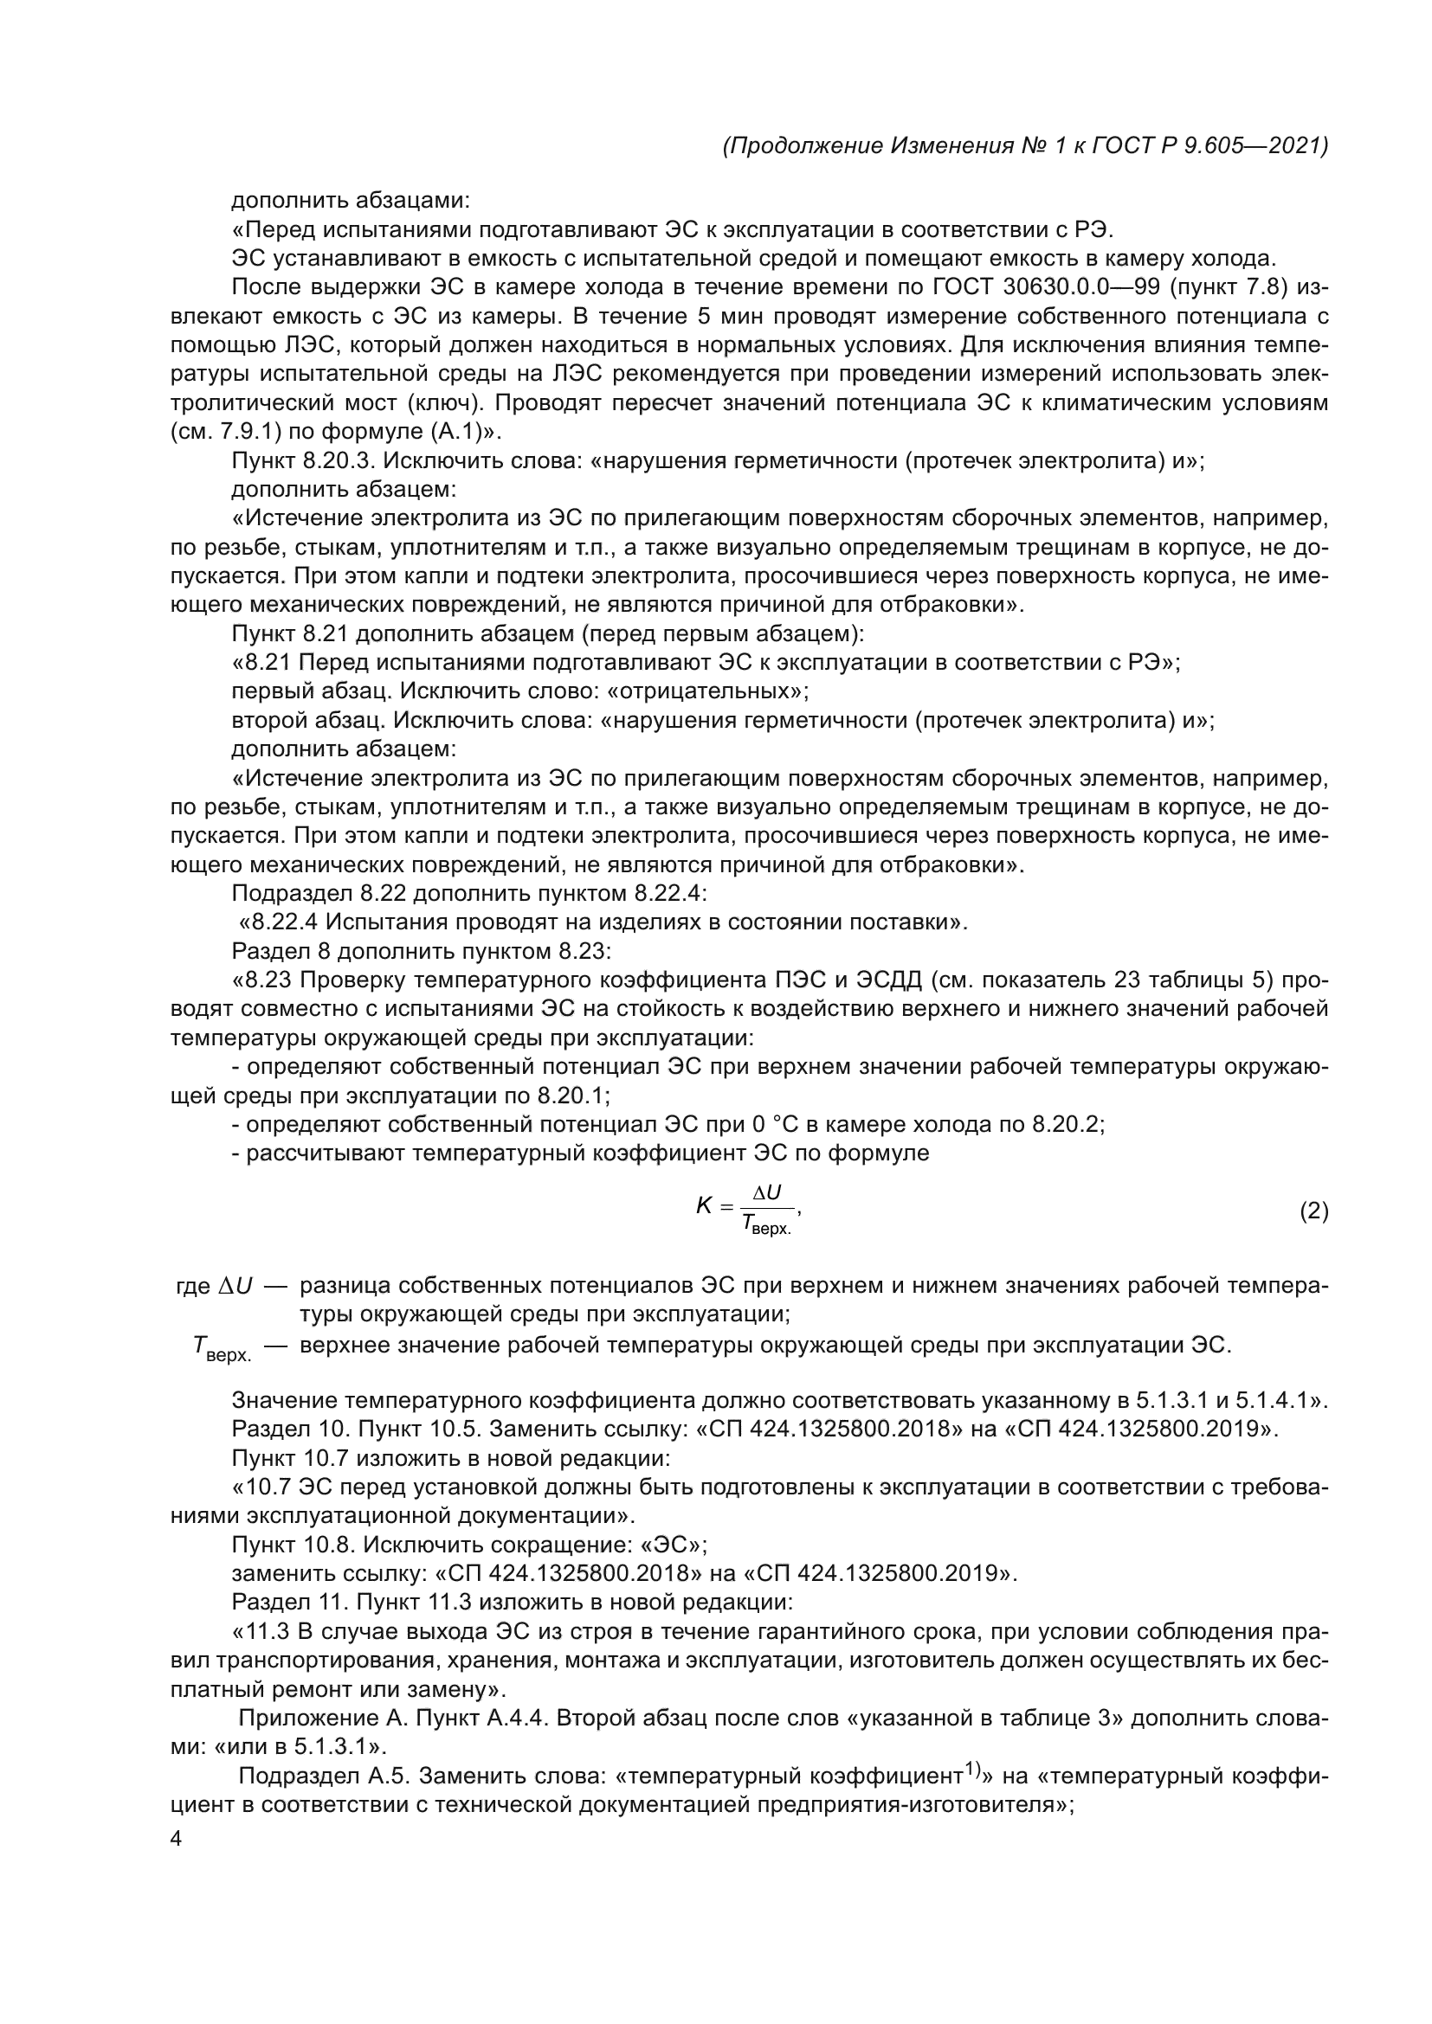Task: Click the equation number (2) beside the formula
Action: click(1313, 1211)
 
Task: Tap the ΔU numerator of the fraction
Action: click(765, 1192)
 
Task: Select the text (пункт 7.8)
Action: click(1230, 287)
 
